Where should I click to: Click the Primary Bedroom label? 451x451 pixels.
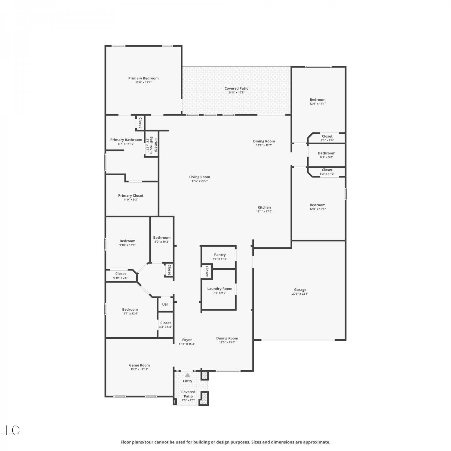[x=143, y=78]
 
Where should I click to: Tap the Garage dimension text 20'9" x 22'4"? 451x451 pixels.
[x=300, y=294]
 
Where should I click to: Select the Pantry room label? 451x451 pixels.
[x=220, y=255]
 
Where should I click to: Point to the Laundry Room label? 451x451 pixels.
[x=220, y=289]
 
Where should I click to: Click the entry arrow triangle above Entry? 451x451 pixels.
[x=188, y=375]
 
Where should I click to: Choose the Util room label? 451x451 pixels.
[x=165, y=304]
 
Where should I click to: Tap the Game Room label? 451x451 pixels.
[x=140, y=365]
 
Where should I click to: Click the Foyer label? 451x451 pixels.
[x=187, y=340]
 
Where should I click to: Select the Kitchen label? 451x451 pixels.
[x=264, y=207]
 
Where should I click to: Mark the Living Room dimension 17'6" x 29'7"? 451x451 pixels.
[x=200, y=181]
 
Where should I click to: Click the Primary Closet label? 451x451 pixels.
[x=131, y=195]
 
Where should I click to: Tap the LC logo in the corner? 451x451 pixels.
[x=11, y=430]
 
